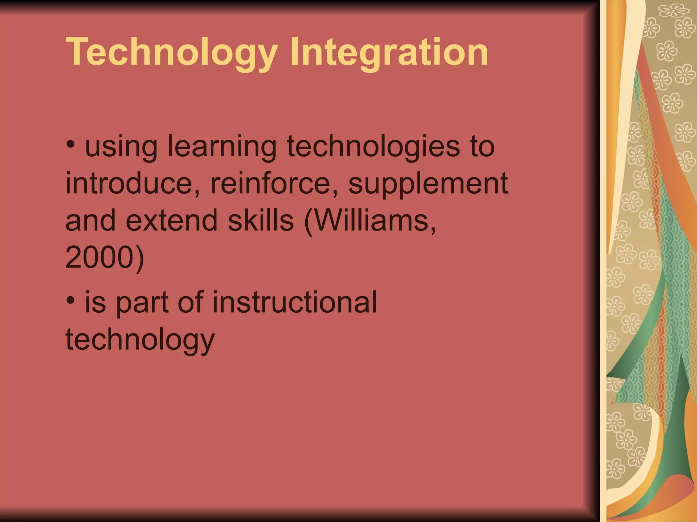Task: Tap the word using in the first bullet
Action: (x=121, y=147)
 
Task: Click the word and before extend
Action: (x=91, y=220)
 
